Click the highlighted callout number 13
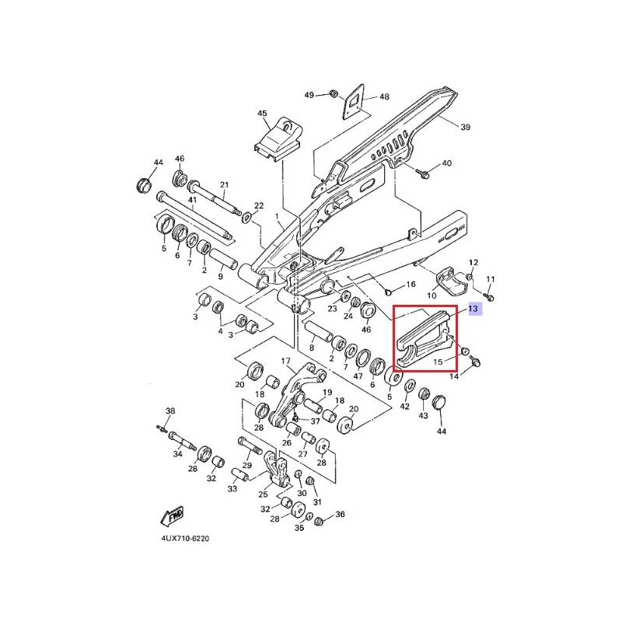click(473, 308)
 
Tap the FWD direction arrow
click(172, 516)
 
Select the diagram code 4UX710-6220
click(185, 539)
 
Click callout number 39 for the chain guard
click(465, 127)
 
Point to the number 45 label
click(262, 114)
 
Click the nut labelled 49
click(334, 94)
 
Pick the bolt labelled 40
click(421, 173)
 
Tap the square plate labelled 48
click(354, 101)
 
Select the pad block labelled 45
click(278, 138)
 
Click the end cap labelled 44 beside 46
click(145, 186)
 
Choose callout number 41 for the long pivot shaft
click(192, 200)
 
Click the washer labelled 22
click(247, 216)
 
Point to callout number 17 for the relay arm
click(286, 361)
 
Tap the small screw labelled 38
click(161, 428)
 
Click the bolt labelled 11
click(489, 296)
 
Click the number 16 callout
click(411, 284)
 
